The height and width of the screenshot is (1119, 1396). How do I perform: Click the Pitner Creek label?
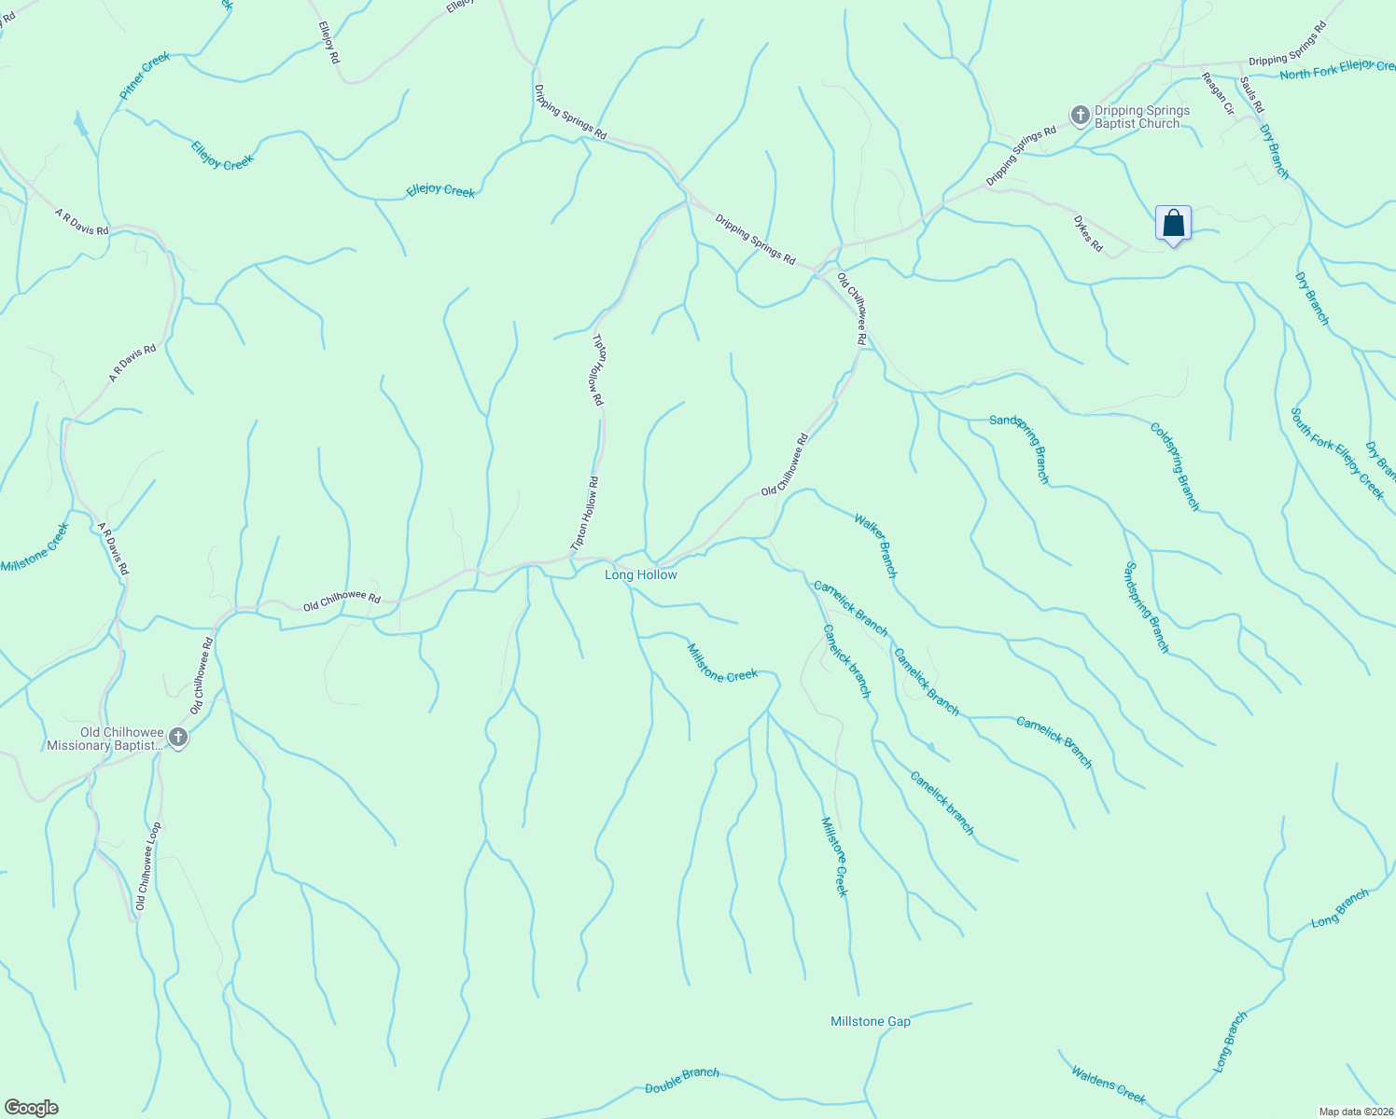[145, 76]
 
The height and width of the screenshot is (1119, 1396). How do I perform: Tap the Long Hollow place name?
[640, 574]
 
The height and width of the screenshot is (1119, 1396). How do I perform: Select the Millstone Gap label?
[870, 1021]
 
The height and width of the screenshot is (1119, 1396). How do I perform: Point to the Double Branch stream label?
[682, 1080]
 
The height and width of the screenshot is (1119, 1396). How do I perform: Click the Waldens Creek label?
[1108, 1084]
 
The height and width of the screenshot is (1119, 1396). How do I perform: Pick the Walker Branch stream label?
[874, 546]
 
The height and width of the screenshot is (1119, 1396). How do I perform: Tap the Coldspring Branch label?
[1174, 466]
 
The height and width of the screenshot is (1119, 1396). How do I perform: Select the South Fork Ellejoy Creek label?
[1337, 453]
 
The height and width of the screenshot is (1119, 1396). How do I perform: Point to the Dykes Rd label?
[1087, 234]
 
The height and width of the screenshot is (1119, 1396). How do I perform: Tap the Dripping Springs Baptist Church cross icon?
[1080, 116]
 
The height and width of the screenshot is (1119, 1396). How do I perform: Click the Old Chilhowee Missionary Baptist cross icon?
[177, 739]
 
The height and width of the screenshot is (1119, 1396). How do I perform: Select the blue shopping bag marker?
[1173, 224]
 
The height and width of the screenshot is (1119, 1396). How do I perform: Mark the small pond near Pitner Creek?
[81, 125]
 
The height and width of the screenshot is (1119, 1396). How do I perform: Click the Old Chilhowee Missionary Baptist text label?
[105, 739]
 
